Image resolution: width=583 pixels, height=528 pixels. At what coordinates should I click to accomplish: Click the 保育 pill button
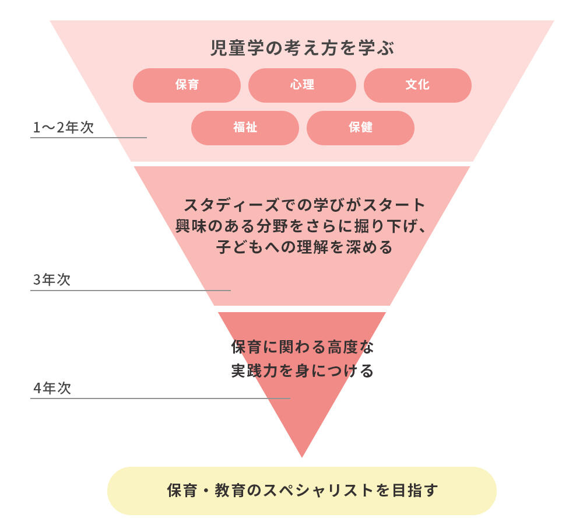click(187, 85)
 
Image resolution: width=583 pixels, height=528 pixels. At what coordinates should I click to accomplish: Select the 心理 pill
click(302, 85)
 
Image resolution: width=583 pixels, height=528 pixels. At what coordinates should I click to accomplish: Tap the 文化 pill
click(417, 85)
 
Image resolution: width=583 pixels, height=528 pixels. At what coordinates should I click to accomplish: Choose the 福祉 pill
click(245, 128)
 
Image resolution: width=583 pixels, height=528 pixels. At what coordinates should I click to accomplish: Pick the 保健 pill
click(360, 128)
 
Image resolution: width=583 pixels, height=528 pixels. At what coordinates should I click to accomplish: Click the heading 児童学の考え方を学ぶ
click(302, 48)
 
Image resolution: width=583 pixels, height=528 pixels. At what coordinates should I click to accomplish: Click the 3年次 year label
click(52, 280)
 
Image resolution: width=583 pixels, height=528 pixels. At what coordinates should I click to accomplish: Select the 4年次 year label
click(52, 389)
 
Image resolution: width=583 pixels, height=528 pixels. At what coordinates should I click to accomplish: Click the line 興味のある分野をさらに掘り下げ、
click(301, 226)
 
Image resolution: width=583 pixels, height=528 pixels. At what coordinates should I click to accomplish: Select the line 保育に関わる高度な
click(302, 348)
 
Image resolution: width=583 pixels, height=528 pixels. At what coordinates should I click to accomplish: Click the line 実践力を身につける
click(302, 371)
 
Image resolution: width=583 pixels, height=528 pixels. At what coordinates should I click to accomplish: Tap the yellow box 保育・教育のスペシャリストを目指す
click(302, 491)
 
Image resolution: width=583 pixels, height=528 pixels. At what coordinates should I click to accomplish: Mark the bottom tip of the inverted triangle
click(302, 456)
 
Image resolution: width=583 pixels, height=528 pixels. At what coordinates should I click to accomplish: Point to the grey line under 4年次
click(160, 398)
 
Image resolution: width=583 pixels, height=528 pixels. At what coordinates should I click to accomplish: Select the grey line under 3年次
click(131, 290)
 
